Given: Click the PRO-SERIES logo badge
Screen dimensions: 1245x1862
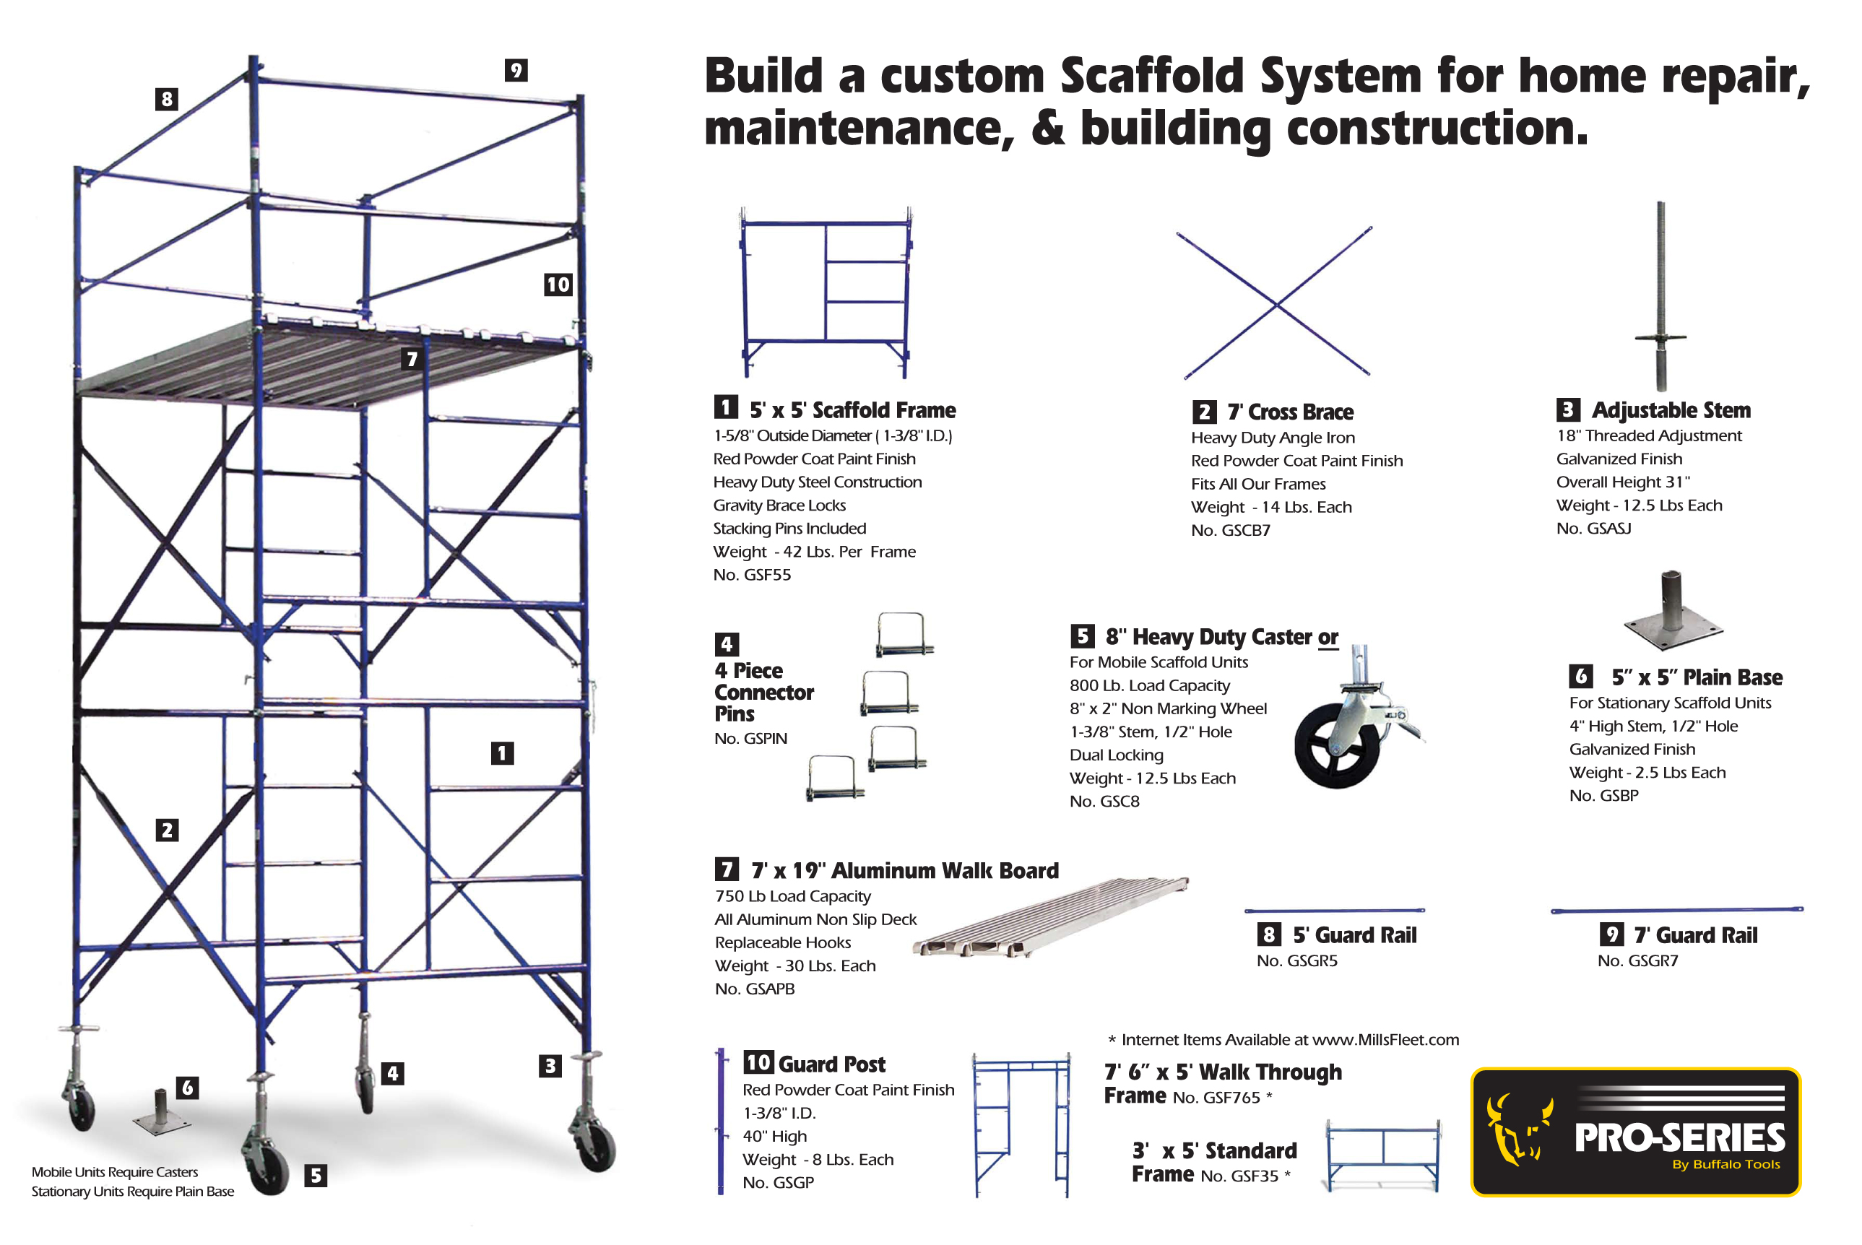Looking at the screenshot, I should pos(1635,1132).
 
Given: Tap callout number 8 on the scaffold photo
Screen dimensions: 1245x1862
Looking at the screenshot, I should pos(167,99).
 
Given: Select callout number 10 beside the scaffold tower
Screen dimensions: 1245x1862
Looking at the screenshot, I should pos(558,285).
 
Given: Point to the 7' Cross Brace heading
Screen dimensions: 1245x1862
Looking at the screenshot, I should pos(1289,412).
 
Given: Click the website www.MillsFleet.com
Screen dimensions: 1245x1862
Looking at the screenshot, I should pos(1385,1040).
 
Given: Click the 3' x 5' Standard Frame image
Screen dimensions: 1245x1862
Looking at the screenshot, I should pos(1383,1155).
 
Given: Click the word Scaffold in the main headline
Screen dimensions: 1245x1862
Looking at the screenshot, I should pos(1159,77).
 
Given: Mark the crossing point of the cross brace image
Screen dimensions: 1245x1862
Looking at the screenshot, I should pos(1276,304).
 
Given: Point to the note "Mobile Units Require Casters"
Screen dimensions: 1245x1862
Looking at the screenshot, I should pos(115,1172).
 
